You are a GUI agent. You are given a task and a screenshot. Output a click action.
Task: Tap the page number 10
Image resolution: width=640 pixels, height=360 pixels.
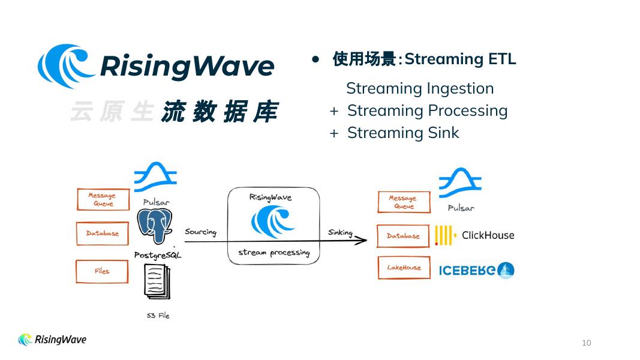[586, 343]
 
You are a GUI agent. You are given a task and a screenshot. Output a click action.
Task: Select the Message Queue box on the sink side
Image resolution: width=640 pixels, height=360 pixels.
[404, 202]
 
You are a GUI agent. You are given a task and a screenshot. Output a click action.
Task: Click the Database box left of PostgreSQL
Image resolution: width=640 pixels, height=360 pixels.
[103, 233]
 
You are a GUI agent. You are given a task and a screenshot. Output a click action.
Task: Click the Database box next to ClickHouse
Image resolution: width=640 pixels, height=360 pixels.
[404, 236]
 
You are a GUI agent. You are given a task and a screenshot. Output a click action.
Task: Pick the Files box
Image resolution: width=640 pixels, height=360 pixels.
[103, 271]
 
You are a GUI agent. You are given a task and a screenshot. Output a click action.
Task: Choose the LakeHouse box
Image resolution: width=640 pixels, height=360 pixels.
[404, 268]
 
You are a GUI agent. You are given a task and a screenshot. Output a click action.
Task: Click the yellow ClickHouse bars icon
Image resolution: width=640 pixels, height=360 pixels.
[444, 236]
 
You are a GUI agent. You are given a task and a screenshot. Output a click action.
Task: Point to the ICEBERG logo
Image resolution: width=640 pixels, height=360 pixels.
[476, 271]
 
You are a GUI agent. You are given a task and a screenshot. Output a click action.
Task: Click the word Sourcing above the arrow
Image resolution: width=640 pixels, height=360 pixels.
[200, 232]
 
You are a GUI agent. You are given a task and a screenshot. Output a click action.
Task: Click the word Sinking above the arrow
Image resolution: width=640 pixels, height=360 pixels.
[340, 233]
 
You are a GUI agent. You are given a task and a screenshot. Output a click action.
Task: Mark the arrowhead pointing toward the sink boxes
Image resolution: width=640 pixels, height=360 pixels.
[362, 241]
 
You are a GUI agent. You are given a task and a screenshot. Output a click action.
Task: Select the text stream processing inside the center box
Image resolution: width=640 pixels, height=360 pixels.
[274, 253]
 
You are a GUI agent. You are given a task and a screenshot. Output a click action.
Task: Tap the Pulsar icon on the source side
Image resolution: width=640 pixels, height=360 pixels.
[155, 177]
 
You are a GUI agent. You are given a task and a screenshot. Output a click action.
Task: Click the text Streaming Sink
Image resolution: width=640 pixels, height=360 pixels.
[403, 133]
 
